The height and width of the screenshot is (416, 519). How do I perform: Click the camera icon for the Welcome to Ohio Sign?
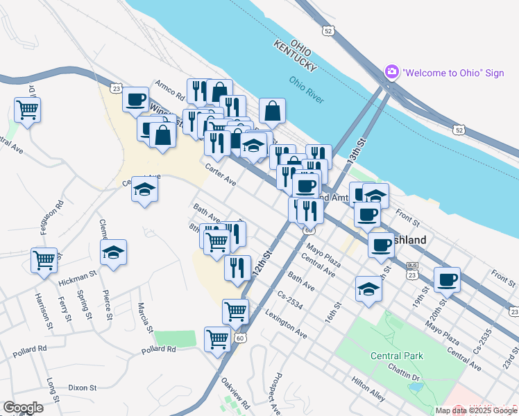click(392, 72)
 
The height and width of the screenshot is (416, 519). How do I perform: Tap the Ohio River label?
click(307, 89)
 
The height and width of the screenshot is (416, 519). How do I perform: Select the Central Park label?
click(397, 356)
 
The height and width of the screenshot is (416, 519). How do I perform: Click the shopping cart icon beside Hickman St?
click(44, 261)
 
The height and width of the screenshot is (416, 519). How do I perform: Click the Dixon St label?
click(82, 388)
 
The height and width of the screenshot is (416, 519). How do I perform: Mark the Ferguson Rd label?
click(60, 216)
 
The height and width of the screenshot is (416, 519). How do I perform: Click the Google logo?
click(24, 408)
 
